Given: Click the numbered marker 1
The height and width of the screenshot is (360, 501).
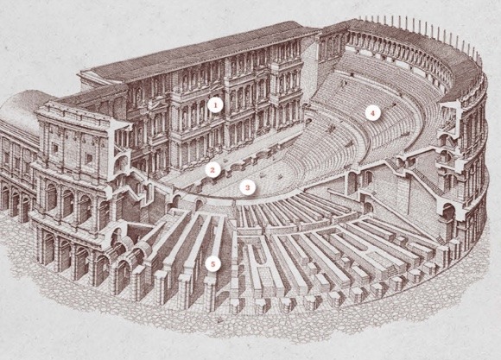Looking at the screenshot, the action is [215, 105].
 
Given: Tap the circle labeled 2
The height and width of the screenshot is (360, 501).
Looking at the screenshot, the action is [212, 170].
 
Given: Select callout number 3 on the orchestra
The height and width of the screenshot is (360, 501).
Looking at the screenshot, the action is [247, 187].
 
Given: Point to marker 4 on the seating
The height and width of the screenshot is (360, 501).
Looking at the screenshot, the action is [372, 113].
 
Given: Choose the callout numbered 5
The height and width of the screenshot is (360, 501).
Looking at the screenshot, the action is [213, 264].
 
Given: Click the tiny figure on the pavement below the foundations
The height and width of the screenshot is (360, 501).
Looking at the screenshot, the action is [219, 319].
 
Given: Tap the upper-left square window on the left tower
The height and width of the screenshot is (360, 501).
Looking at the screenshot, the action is [55, 148].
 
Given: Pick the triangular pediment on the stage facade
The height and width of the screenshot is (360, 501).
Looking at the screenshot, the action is [158, 105].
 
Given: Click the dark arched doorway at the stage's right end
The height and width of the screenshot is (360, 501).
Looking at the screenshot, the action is [308, 122].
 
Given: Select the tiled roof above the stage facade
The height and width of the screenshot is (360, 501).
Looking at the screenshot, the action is [198, 51].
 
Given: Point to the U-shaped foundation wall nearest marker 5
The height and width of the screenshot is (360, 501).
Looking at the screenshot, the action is [259, 256].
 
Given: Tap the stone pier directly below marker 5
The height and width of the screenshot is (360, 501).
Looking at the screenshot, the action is [210, 294].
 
